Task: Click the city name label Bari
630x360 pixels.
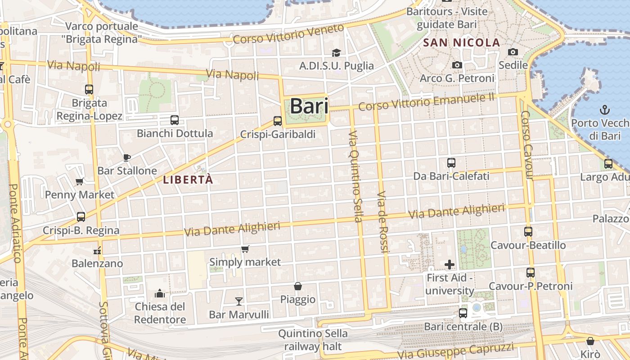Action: point(309,106)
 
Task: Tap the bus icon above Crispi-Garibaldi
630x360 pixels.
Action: point(278,121)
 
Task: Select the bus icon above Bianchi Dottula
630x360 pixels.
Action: point(175,120)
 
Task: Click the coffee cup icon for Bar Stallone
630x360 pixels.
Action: point(127,157)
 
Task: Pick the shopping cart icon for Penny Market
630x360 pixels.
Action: point(80,181)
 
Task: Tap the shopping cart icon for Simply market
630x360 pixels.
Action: point(245,249)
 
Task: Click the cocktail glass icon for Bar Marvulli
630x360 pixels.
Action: point(239,301)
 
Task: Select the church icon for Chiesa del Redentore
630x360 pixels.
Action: point(160,294)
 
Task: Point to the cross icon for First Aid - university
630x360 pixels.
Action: point(449,265)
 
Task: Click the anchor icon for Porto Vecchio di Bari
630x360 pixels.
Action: point(605,109)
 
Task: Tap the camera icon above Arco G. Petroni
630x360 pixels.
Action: point(457,65)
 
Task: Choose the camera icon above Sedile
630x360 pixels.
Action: point(513,52)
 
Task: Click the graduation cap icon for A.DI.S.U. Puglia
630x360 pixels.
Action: point(336,53)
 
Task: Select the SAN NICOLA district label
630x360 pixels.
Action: point(462,43)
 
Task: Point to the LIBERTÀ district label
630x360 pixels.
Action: point(188,180)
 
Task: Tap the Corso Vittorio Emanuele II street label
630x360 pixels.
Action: point(426,102)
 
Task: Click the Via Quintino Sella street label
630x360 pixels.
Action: point(355,176)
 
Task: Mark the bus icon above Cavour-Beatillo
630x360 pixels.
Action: point(528,232)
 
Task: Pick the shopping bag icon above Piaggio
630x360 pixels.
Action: point(298,286)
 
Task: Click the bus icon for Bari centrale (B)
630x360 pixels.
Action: point(463,313)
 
